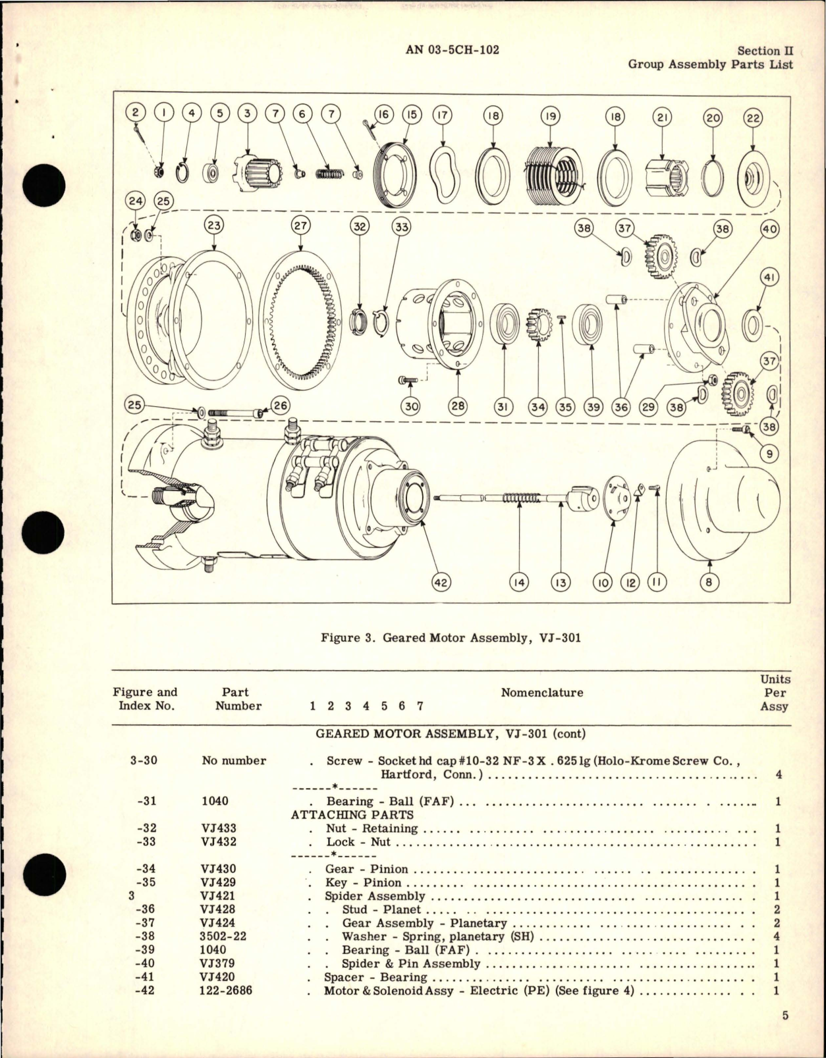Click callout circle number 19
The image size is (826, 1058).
(x=549, y=116)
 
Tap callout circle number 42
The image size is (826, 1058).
(x=442, y=582)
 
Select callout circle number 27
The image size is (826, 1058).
(x=300, y=226)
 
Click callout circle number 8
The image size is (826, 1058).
(x=709, y=582)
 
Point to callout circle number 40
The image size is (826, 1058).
(x=769, y=229)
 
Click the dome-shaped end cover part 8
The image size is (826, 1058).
(x=723, y=500)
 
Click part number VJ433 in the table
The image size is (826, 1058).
(x=218, y=828)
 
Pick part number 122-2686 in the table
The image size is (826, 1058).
(x=226, y=990)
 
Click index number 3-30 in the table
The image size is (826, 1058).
(x=143, y=760)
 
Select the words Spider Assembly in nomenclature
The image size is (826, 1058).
(x=374, y=896)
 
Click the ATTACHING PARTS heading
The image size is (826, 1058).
(x=352, y=815)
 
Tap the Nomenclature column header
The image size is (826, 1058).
(x=541, y=693)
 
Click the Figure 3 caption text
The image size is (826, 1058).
(x=451, y=638)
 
